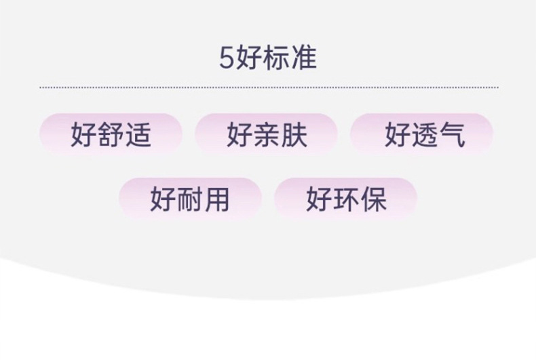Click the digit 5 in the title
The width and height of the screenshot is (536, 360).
pyautogui.click(x=226, y=58)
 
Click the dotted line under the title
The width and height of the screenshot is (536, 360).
pyautogui.click(x=269, y=87)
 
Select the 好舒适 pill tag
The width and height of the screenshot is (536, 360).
pyautogui.click(x=111, y=134)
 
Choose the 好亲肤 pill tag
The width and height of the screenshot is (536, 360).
pyautogui.click(x=267, y=134)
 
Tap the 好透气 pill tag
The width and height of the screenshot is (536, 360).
pyautogui.click(x=422, y=134)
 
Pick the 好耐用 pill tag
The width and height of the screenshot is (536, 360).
pyautogui.click(x=190, y=198)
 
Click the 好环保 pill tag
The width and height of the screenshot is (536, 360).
pyautogui.click(x=345, y=198)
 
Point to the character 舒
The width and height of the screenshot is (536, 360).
pyautogui.click(x=111, y=134)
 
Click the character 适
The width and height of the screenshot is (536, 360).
pyautogui.click(x=138, y=134)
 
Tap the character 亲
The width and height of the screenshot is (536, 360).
pyautogui.click(x=267, y=134)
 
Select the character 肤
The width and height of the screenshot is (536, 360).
pyautogui.click(x=294, y=134)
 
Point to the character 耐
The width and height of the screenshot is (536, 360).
pyautogui.click(x=190, y=199)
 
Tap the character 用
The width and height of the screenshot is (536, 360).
pyautogui.click(x=217, y=199)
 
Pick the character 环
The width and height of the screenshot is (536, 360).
pyautogui.click(x=345, y=199)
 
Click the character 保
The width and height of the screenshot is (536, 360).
pyautogui.click(x=372, y=199)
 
